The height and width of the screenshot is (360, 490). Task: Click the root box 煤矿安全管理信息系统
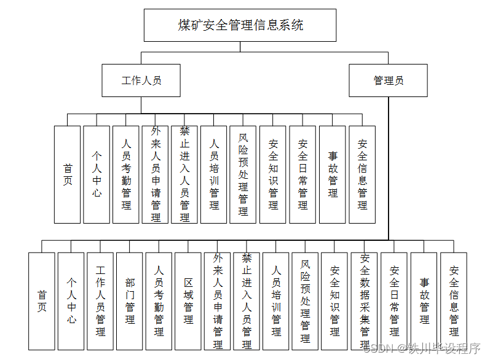[x=240, y=25]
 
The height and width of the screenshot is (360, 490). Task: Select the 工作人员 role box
[x=141, y=80]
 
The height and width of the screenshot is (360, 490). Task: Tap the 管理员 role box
[x=388, y=80]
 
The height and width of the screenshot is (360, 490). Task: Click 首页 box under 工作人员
[x=67, y=174]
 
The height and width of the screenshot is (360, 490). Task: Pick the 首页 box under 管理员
[x=42, y=301]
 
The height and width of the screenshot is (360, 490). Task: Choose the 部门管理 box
[x=130, y=301]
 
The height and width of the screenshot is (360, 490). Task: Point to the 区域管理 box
[x=188, y=301]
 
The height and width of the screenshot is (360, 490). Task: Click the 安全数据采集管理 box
[x=365, y=301]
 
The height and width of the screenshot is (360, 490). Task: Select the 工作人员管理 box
[x=100, y=301]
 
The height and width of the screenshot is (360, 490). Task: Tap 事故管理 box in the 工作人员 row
[x=333, y=174]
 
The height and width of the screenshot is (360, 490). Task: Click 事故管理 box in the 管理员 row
[x=424, y=301]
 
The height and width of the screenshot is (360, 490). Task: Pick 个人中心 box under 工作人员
[x=97, y=174]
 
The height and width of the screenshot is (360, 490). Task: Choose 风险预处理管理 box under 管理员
[x=306, y=301]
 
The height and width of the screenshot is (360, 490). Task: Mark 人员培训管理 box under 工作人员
[x=214, y=174]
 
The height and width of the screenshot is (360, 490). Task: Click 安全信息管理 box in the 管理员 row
[x=454, y=301]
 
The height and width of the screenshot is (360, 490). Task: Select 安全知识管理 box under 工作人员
[x=273, y=174]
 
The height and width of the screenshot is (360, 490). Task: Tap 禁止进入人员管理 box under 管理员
[x=247, y=301]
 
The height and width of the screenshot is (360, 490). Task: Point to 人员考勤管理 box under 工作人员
[x=126, y=174]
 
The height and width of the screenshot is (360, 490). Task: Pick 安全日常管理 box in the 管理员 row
[x=394, y=301]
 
